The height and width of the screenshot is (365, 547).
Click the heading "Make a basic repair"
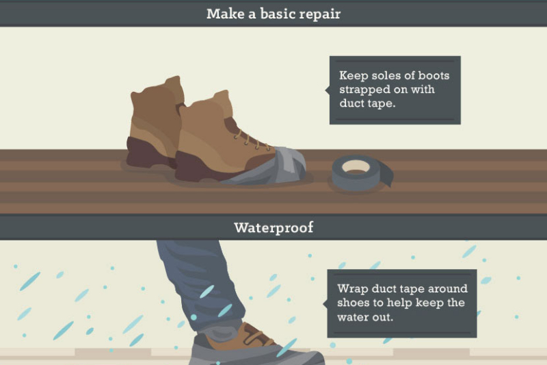(x=273, y=14)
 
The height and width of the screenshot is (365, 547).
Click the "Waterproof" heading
(x=273, y=227)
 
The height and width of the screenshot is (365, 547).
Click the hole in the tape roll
(x=356, y=166)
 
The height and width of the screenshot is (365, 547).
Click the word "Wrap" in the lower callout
(x=351, y=289)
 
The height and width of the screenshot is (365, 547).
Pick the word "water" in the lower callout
(x=353, y=318)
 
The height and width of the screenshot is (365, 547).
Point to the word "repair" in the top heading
(x=319, y=14)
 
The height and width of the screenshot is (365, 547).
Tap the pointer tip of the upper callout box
(x=325, y=90)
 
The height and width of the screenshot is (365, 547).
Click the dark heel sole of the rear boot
(x=144, y=155)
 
